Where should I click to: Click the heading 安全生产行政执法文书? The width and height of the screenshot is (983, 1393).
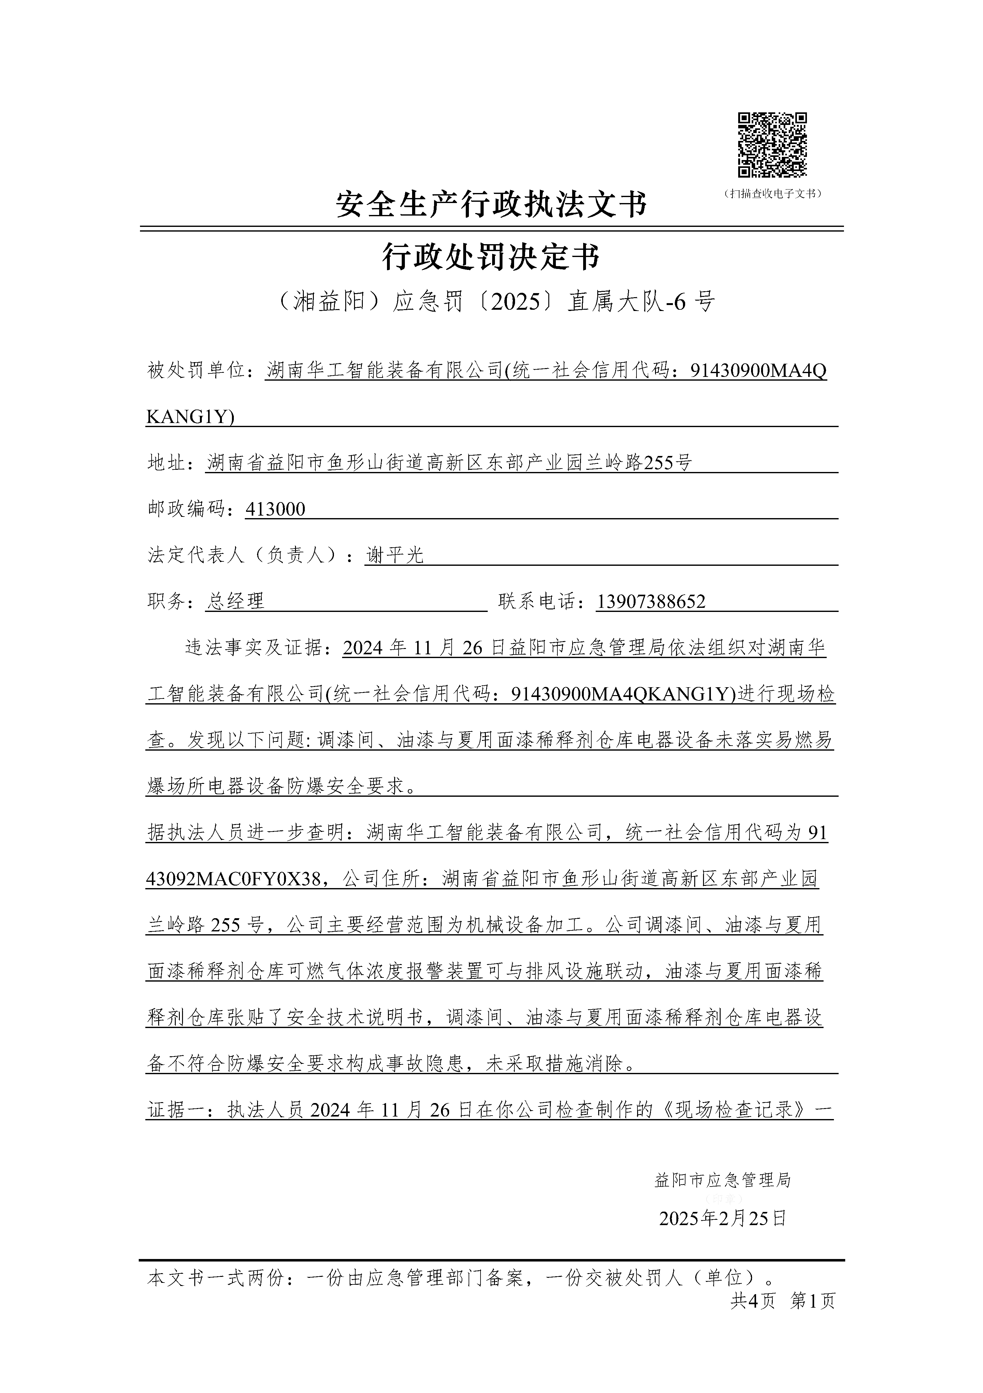(491, 205)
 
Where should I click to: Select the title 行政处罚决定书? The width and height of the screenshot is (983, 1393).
(491, 257)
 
